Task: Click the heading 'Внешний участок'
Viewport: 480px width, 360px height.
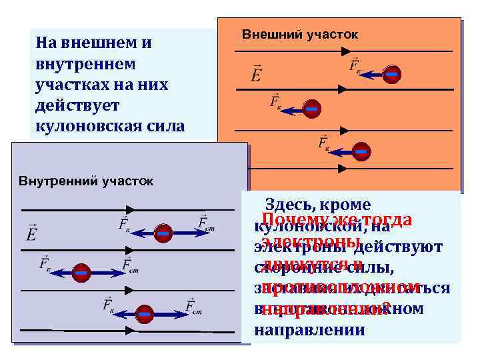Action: [x=299, y=34]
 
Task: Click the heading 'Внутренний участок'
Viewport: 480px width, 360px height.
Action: [x=86, y=181]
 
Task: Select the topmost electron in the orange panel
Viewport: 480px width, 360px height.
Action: [x=393, y=75]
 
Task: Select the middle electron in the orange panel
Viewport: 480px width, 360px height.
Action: [x=311, y=109]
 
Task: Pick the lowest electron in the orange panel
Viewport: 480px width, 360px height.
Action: [x=361, y=152]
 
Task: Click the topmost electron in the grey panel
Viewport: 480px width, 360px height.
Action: [x=163, y=233]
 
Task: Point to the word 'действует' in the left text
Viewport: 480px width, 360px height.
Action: [x=73, y=105]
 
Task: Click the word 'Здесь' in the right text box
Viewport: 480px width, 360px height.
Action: [x=287, y=205]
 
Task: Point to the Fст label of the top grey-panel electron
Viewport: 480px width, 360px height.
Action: [x=206, y=224]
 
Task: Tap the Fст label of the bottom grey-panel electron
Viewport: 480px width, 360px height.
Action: [x=193, y=306]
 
